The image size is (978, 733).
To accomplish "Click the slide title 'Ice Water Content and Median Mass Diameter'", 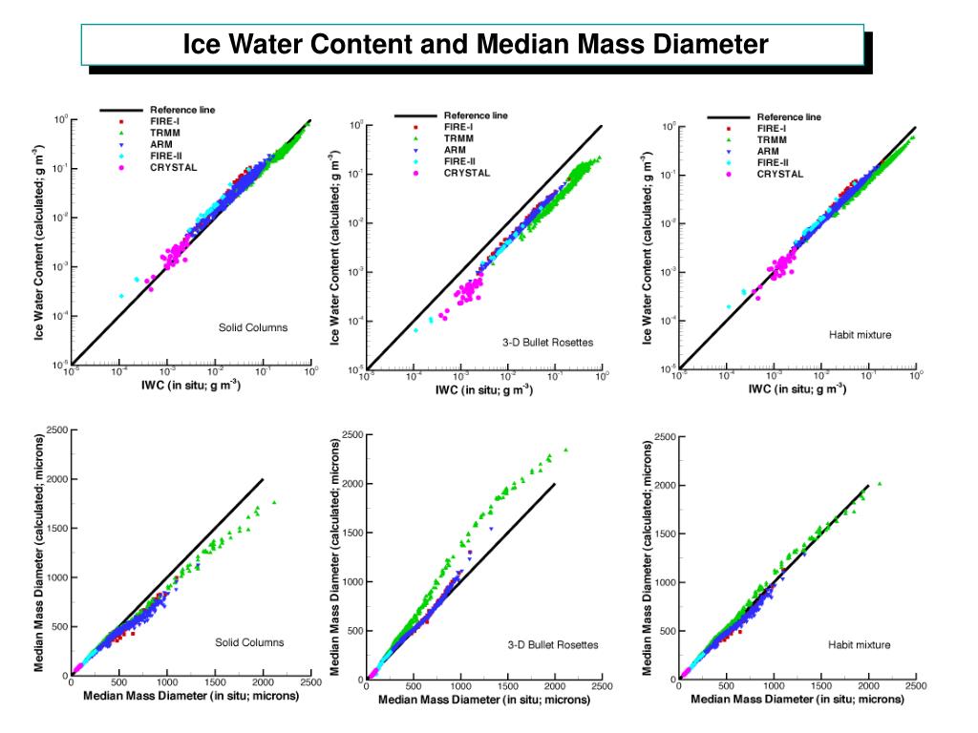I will pyautogui.click(x=475, y=44).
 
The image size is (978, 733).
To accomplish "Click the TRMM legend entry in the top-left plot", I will pyautogui.click(x=161, y=133).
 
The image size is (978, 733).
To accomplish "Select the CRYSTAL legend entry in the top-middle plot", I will pyautogui.click(x=466, y=173).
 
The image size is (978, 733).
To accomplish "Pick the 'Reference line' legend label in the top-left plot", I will pyautogui.click(x=182, y=110).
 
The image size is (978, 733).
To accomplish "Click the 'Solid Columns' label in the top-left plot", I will pyautogui.click(x=253, y=327).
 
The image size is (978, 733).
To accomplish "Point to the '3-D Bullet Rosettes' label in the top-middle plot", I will pyautogui.click(x=548, y=342).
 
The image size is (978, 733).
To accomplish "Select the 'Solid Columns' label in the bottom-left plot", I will pyautogui.click(x=249, y=642).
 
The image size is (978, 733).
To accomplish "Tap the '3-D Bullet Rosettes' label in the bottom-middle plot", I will pyautogui.click(x=553, y=645).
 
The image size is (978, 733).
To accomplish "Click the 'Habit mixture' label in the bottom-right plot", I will pyautogui.click(x=859, y=645).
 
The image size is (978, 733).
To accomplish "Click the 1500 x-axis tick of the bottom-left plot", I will pyautogui.click(x=215, y=684).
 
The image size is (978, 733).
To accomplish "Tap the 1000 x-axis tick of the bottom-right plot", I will pyautogui.click(x=773, y=687).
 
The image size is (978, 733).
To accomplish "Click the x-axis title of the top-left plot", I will pyautogui.click(x=191, y=385).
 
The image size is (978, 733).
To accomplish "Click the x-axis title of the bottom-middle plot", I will pyautogui.click(x=483, y=700).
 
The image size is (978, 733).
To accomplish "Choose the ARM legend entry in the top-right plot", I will pyautogui.click(x=768, y=151).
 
